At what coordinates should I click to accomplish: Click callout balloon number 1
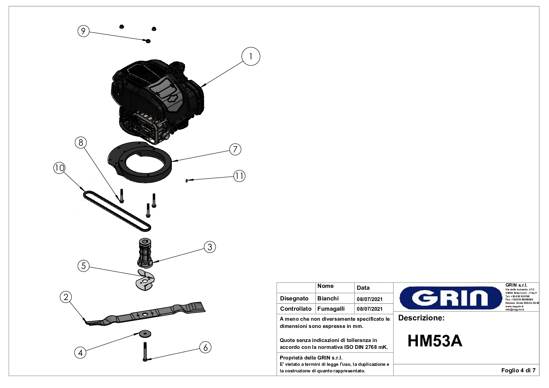pyautogui.click(x=251, y=57)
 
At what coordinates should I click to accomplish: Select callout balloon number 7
pyautogui.click(x=235, y=149)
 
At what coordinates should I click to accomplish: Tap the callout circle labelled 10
pyautogui.click(x=59, y=168)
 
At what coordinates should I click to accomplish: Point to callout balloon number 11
pyautogui.click(x=239, y=176)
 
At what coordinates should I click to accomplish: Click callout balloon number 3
pyautogui.click(x=210, y=247)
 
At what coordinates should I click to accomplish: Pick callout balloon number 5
pyautogui.click(x=84, y=266)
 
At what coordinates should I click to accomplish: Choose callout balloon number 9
pyautogui.click(x=83, y=31)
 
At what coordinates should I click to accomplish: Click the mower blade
pyautogui.click(x=147, y=314)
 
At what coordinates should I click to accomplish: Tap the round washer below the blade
pyautogui.click(x=145, y=334)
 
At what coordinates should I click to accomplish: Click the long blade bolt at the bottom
pyautogui.click(x=146, y=352)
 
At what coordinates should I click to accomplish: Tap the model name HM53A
pyautogui.click(x=434, y=341)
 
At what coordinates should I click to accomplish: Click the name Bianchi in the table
pyautogui.click(x=328, y=299)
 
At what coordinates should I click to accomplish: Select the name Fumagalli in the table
pyautogui.click(x=331, y=309)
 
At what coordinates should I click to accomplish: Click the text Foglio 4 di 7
pyautogui.click(x=518, y=370)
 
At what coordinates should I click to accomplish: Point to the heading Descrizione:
pyautogui.click(x=421, y=318)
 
